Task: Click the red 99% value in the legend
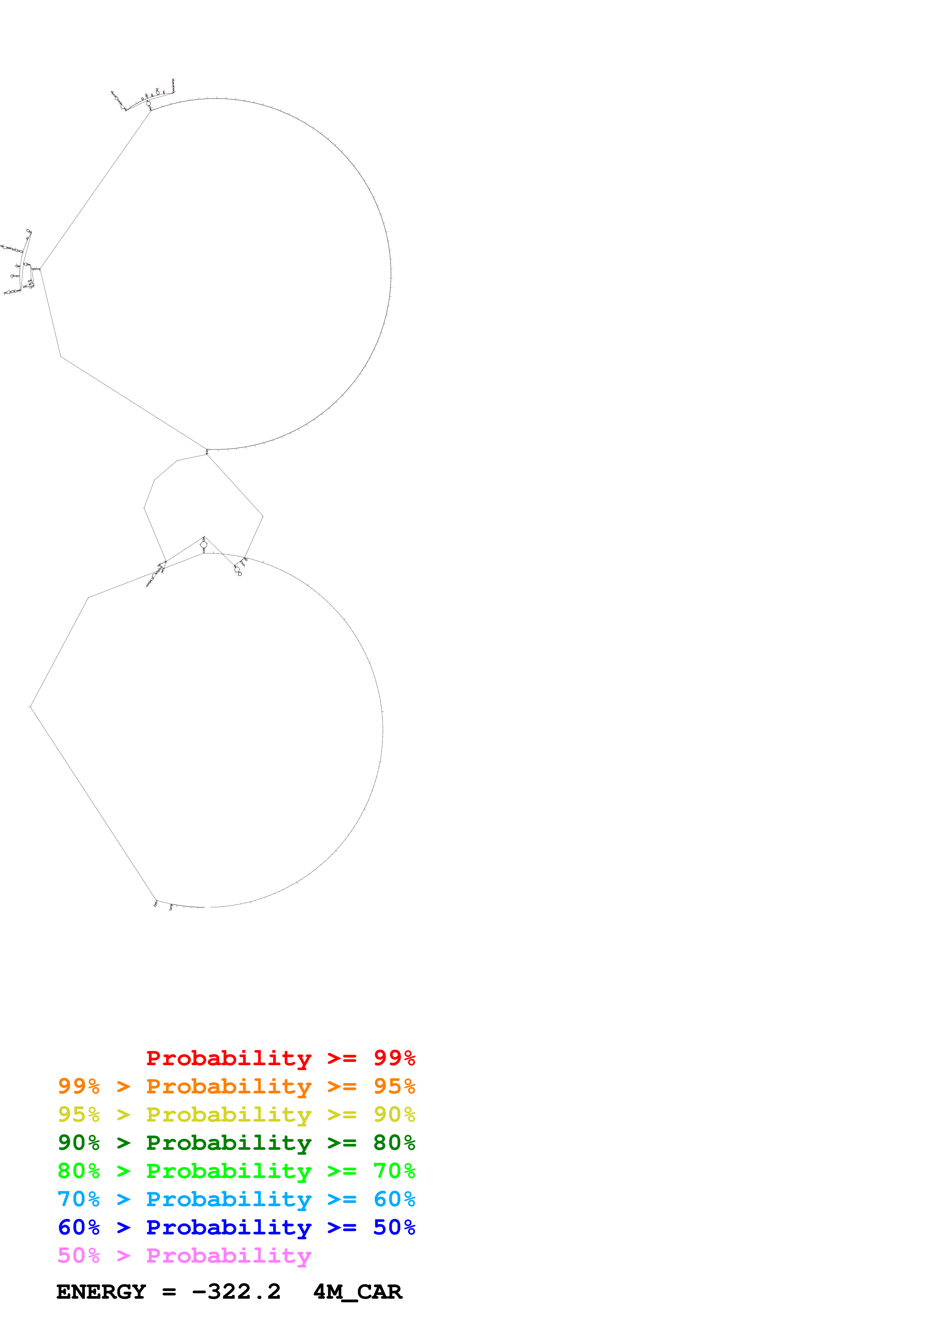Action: [x=394, y=1058]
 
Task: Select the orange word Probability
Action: [x=229, y=1087]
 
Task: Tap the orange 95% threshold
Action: [x=394, y=1087]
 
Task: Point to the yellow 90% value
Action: [x=394, y=1115]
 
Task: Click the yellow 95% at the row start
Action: [x=79, y=1115]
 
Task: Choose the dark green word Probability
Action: [x=229, y=1143]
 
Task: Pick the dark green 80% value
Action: [x=394, y=1143]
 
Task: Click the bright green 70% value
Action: [x=394, y=1171]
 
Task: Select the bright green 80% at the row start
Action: [x=79, y=1171]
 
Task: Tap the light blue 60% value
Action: [x=394, y=1199]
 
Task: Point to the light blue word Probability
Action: [x=229, y=1199]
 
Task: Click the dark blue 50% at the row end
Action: [x=394, y=1228]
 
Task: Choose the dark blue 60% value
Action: [x=79, y=1228]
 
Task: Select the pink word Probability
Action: [x=229, y=1256]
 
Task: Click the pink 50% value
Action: [x=79, y=1256]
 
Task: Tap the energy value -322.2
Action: [x=236, y=1292]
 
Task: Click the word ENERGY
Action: [x=101, y=1292]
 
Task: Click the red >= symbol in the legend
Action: [x=342, y=1058]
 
